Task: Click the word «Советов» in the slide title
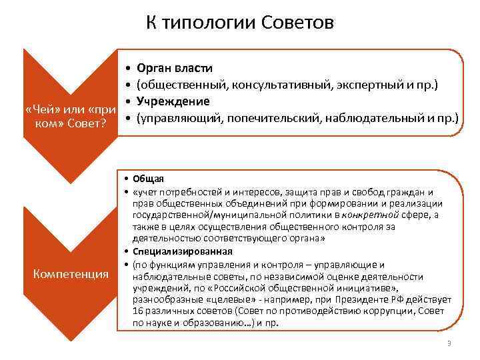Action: (x=300, y=23)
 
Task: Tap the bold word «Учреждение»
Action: (x=173, y=101)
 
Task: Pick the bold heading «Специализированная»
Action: (x=182, y=251)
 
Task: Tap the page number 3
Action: (x=449, y=344)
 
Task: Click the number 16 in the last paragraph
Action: (x=138, y=311)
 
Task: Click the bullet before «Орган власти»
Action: (x=126, y=69)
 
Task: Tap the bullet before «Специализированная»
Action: (x=125, y=251)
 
